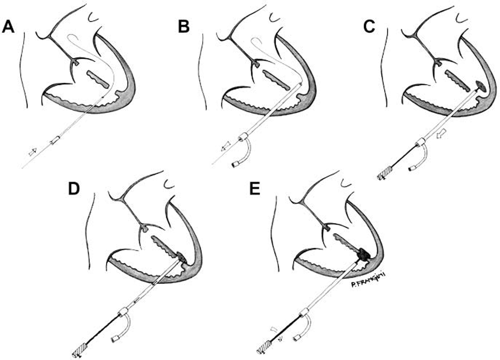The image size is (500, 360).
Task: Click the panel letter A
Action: (x=8, y=26)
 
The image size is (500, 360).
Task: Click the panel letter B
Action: (x=184, y=26)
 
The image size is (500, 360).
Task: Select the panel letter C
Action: (x=369, y=26)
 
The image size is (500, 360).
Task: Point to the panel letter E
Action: (x=255, y=189)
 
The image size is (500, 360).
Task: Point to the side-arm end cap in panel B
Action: (x=236, y=165)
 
